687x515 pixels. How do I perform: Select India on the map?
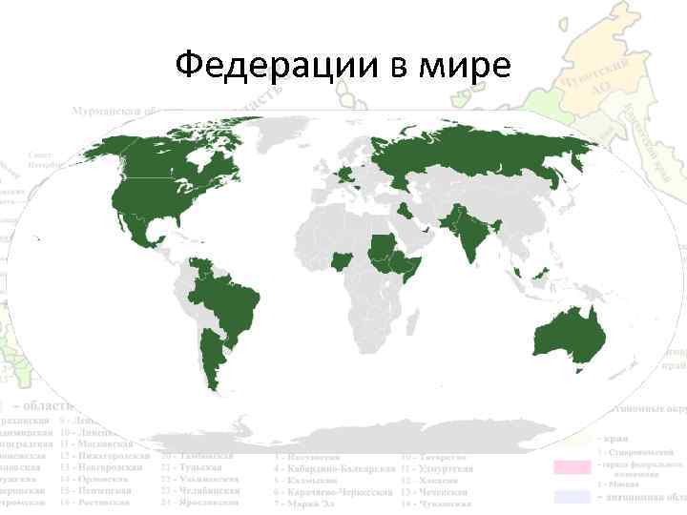click(x=468, y=238)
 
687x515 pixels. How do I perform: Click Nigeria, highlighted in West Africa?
click(x=340, y=259)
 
